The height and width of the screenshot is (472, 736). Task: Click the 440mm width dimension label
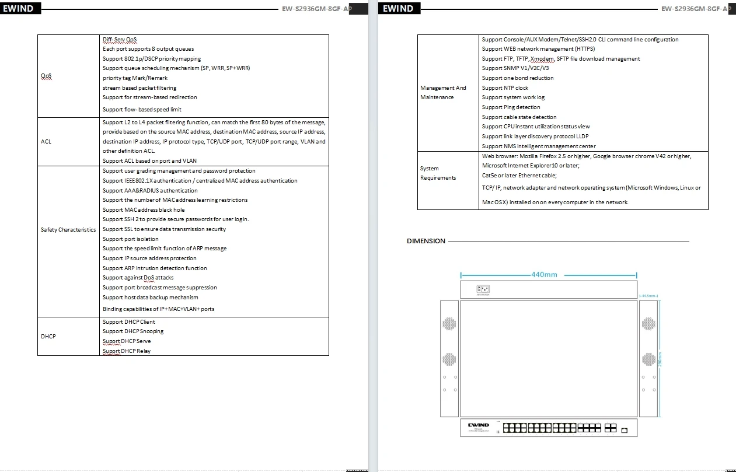pyautogui.click(x=544, y=274)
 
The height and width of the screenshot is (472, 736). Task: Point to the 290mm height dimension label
pyautogui.click(x=660, y=359)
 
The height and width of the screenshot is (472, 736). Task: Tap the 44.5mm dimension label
pyautogui.click(x=648, y=296)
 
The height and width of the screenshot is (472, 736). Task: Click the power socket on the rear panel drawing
pyautogui.click(x=483, y=289)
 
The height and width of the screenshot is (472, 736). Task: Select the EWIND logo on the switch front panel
pyautogui.click(x=479, y=425)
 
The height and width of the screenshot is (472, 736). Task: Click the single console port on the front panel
pyautogui.click(x=625, y=431)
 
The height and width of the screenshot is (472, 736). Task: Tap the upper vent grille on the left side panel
pyautogui.click(x=449, y=324)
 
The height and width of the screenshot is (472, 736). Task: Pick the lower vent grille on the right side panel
pyautogui.click(x=648, y=359)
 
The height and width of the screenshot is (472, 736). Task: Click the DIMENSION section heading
pyautogui.click(x=426, y=241)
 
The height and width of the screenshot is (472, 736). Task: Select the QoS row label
pyautogui.click(x=46, y=76)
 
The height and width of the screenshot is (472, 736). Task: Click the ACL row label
pyautogui.click(x=46, y=141)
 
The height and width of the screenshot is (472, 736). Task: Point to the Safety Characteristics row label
pyautogui.click(x=68, y=229)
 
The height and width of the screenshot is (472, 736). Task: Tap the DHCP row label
pyautogui.click(x=48, y=336)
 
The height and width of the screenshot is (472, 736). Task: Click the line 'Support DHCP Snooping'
pyautogui.click(x=133, y=331)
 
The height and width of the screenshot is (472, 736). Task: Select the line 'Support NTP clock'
pyautogui.click(x=505, y=88)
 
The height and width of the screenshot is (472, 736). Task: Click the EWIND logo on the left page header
pyautogui.click(x=18, y=9)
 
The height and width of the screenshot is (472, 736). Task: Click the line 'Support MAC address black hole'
pyautogui.click(x=144, y=209)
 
